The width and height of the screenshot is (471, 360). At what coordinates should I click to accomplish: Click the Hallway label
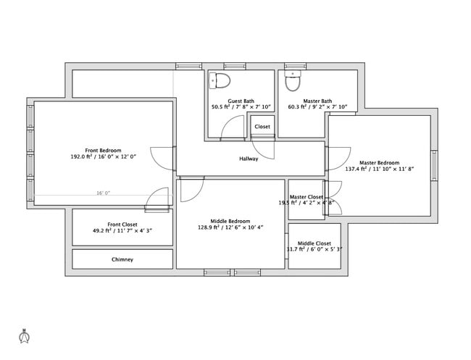(x=249, y=159)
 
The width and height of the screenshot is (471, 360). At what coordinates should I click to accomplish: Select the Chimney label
(x=122, y=259)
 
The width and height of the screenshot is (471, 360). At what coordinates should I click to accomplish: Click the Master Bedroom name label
(x=379, y=162)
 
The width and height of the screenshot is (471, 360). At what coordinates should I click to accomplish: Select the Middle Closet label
(x=314, y=243)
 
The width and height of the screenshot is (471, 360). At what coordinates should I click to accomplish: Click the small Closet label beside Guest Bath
(x=262, y=127)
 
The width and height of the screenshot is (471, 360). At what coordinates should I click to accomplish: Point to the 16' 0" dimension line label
(x=104, y=193)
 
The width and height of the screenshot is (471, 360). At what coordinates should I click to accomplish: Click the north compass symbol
(x=24, y=336)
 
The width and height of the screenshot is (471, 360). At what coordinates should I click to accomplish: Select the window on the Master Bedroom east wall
(x=434, y=164)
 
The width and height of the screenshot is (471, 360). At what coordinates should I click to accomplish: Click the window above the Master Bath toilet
(x=294, y=67)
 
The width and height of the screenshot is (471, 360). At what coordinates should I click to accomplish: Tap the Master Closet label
(x=306, y=196)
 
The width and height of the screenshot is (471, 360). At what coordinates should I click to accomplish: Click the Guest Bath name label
(x=241, y=101)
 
